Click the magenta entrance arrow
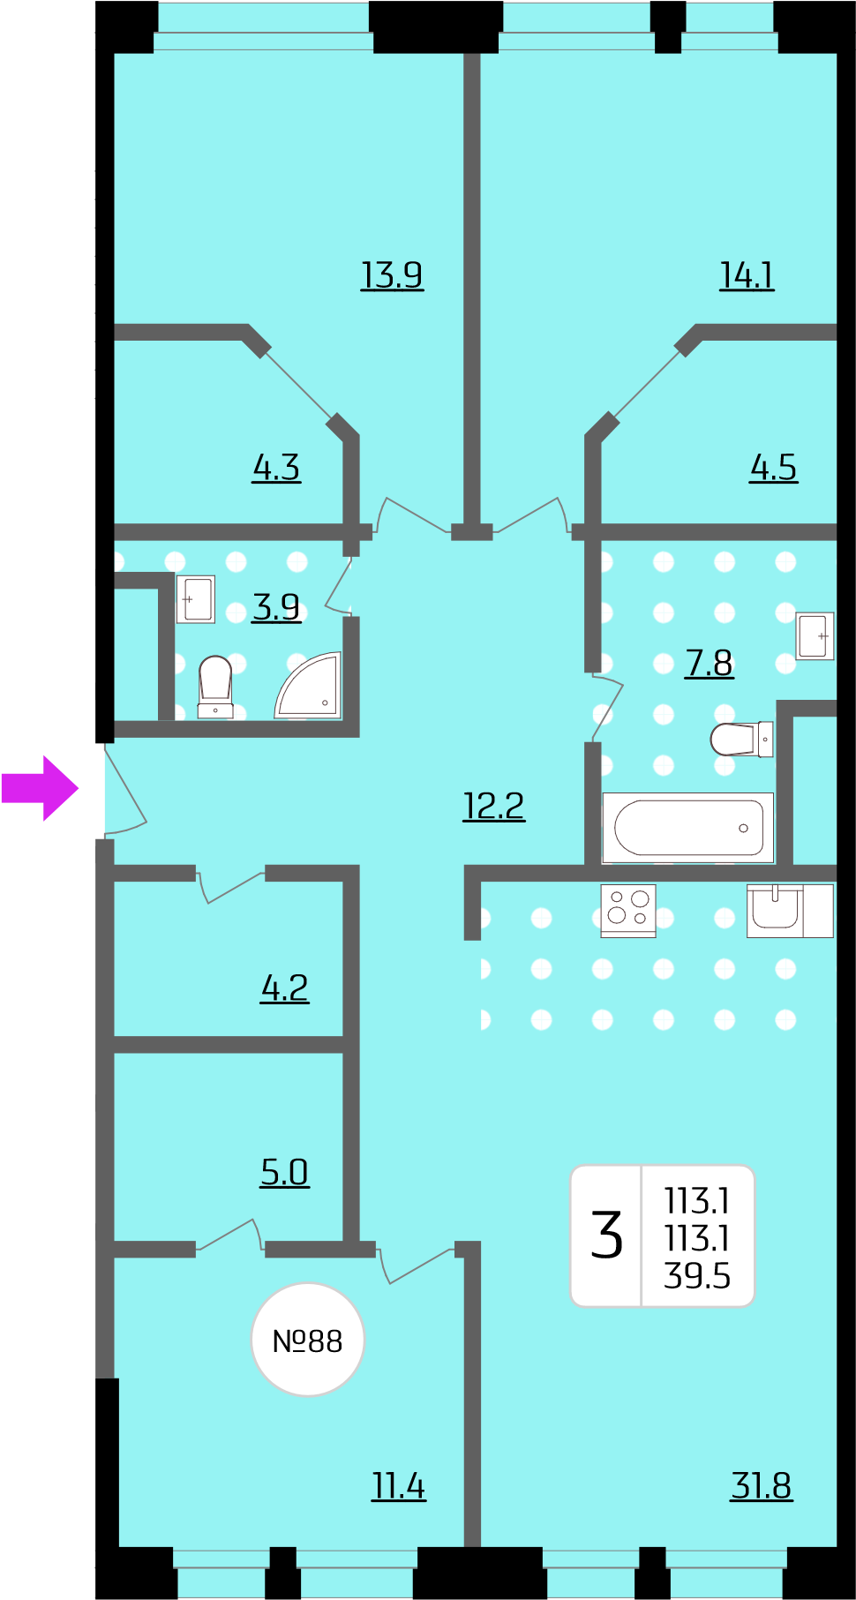[x=41, y=788]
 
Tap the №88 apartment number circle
[x=307, y=1340]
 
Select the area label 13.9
[x=392, y=275]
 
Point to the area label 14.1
[x=747, y=275]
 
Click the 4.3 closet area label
[x=276, y=468]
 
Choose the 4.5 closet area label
[x=773, y=468]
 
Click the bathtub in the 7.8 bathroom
[x=688, y=828]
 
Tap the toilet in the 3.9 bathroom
[x=215, y=687]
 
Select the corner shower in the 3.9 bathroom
[x=309, y=686]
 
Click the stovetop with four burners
[x=628, y=910]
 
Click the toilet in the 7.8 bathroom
[x=741, y=740]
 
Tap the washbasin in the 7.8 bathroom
[x=815, y=635]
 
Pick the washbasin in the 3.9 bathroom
[x=196, y=599]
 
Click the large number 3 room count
[x=607, y=1235]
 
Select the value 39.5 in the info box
[x=697, y=1276]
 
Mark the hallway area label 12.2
[x=494, y=806]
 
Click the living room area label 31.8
[x=762, y=1486]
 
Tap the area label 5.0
[x=284, y=1172]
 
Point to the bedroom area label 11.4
[x=398, y=1486]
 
